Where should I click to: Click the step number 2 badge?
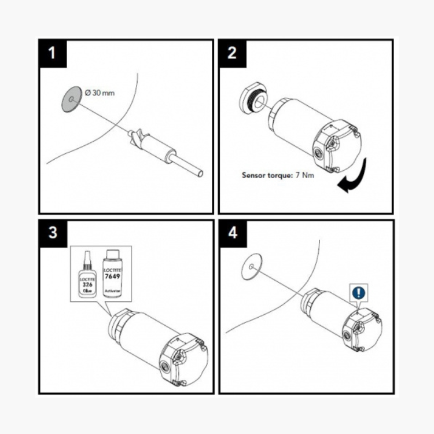click(233, 53)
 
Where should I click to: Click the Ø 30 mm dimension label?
click(100, 93)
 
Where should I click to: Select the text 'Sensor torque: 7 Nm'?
click(278, 174)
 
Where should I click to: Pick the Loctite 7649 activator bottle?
click(111, 277)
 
